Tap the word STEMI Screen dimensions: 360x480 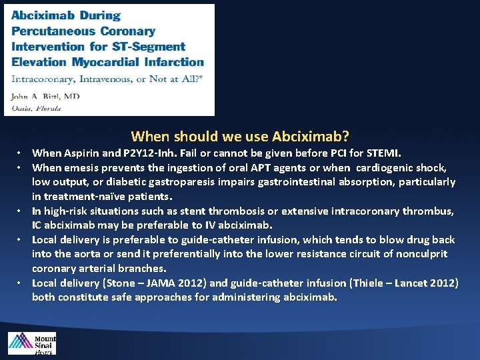coord(383,153)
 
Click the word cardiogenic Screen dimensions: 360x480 coord(386,167)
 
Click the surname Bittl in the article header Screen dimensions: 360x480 coord(52,96)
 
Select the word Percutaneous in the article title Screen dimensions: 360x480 coord(54,31)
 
